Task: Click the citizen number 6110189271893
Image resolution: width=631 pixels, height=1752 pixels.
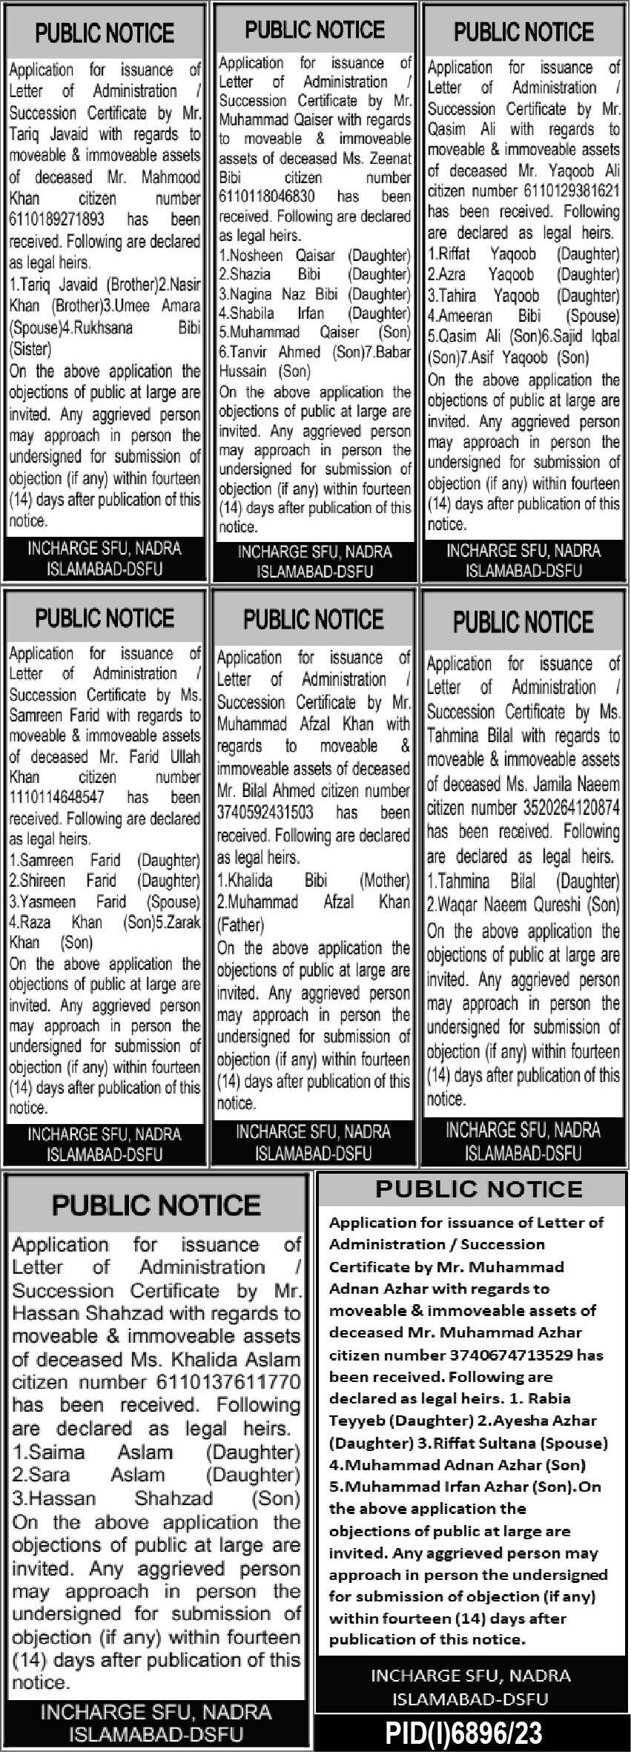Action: [x=57, y=220]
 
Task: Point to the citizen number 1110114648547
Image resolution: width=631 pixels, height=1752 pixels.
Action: [x=56, y=798]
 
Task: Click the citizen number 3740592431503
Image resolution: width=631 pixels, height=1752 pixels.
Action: [x=265, y=813]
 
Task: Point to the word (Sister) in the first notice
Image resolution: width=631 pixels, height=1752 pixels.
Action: [x=30, y=349]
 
